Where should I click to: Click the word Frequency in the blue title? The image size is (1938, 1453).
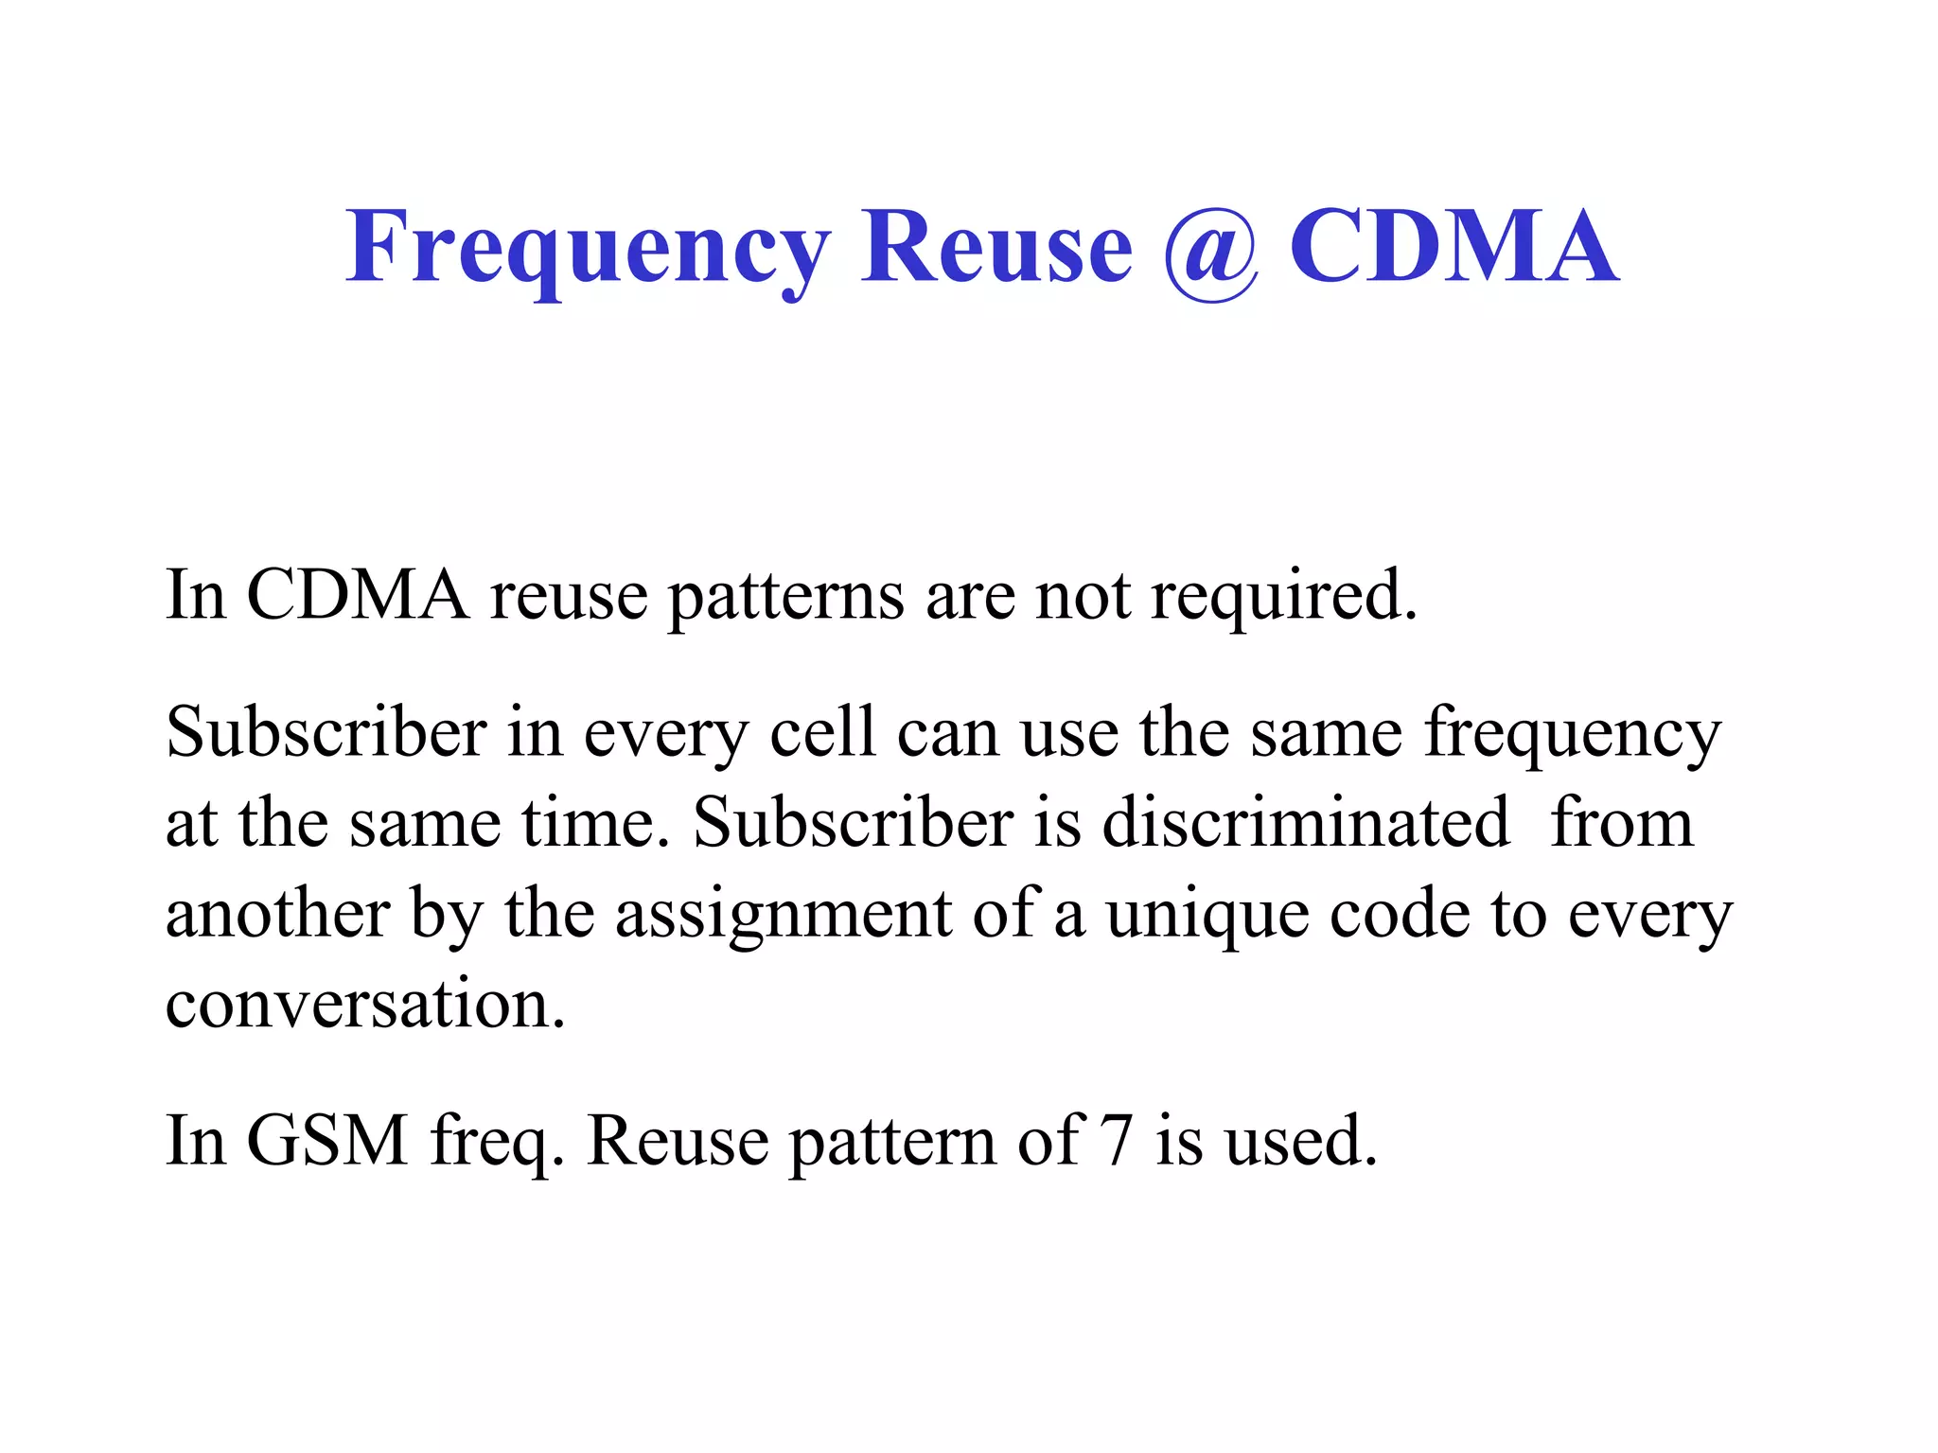[x=588, y=248]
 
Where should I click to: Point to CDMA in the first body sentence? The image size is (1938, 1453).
[x=357, y=595]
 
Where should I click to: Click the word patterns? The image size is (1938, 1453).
[x=785, y=598]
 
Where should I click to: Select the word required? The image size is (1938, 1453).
[x=1284, y=598]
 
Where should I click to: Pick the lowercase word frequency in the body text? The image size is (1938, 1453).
[x=1573, y=736]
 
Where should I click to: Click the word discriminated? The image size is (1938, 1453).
[x=1306, y=822]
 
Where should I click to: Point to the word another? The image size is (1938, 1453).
[x=278, y=914]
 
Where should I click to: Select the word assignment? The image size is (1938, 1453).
[x=784, y=916]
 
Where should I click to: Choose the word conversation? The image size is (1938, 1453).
[x=365, y=1004]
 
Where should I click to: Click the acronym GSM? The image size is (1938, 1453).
[x=327, y=1140]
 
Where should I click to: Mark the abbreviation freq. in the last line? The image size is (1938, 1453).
[x=498, y=1142]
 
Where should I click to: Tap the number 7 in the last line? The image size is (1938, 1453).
[x=1117, y=1140]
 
